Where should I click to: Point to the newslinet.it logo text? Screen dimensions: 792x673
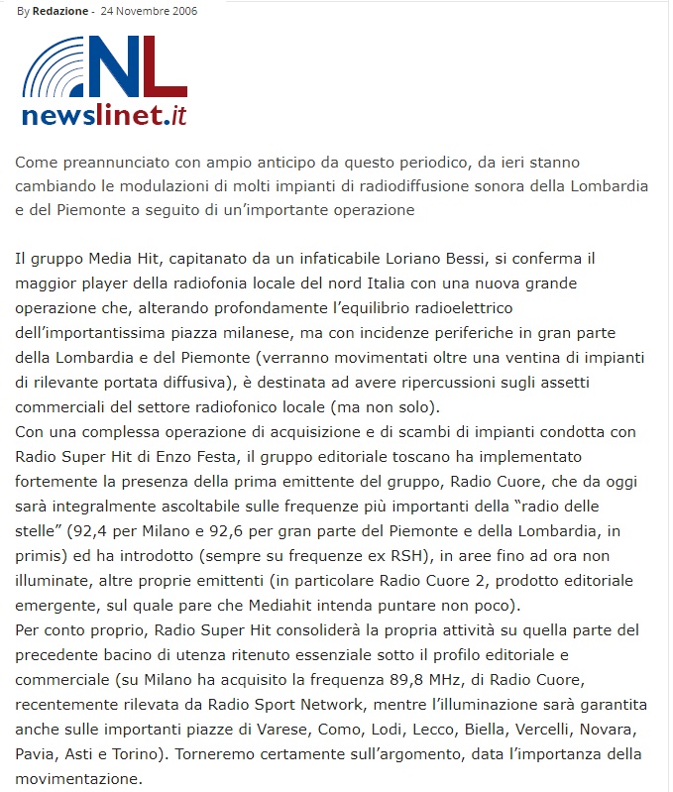[104, 116]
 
